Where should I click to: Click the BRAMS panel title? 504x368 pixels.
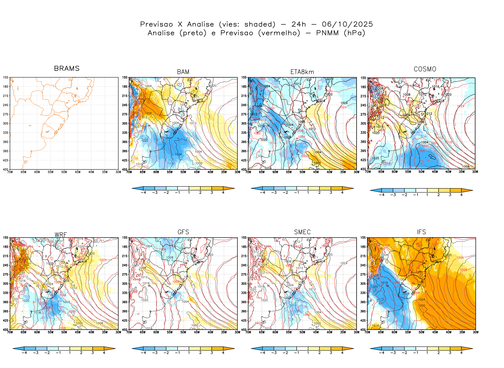[67, 68]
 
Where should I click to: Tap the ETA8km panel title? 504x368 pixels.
[302, 72]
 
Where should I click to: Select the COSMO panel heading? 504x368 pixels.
[425, 69]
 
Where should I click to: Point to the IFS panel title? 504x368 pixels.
[421, 232]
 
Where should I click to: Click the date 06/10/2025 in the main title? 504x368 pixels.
[347, 24]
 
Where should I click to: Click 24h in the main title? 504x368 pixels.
[299, 24]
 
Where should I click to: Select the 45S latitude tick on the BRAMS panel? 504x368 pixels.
[6, 169]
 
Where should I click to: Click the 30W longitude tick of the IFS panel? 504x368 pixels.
[476, 332]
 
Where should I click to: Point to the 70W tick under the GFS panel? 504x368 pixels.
[129, 332]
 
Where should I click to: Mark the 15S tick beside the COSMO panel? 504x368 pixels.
[363, 78]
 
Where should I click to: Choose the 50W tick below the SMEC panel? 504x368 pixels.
[302, 332]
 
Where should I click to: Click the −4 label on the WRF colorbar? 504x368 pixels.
[24, 353]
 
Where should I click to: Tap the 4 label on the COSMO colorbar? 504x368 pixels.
[461, 195]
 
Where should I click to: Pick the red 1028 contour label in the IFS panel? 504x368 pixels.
[463, 270]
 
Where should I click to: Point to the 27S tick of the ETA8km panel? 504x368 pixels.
[244, 114]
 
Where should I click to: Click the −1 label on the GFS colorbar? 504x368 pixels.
[177, 353]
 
